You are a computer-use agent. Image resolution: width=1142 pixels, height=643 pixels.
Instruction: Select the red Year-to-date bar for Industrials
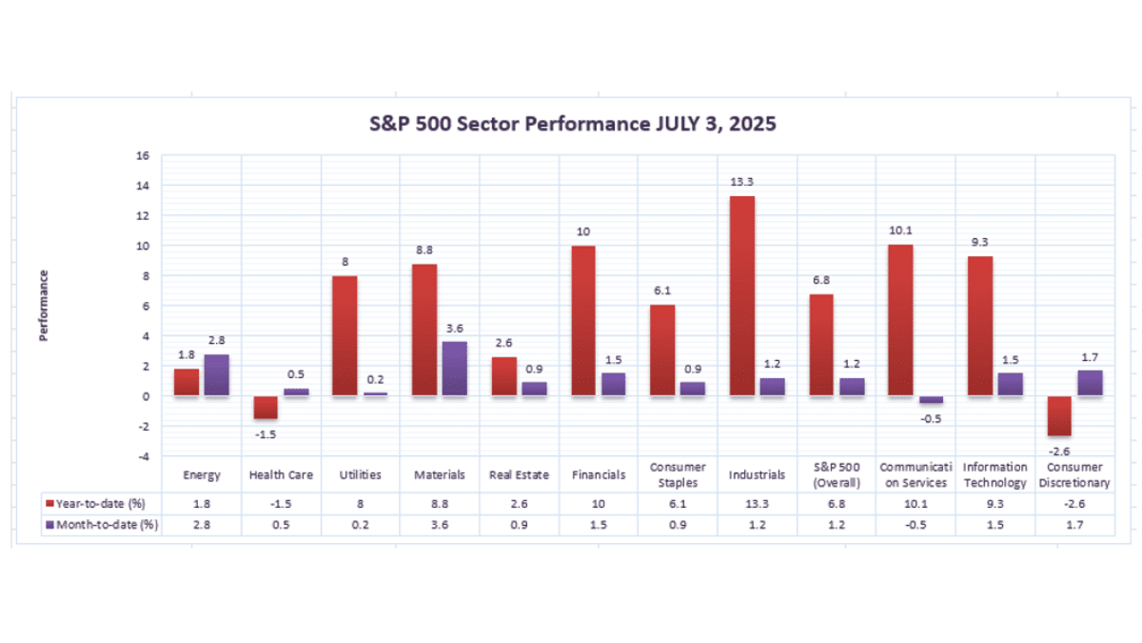click(x=742, y=295)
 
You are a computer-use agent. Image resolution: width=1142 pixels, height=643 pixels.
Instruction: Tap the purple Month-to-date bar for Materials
click(x=455, y=369)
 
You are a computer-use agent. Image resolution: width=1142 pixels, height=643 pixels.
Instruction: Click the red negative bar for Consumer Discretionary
click(x=1059, y=415)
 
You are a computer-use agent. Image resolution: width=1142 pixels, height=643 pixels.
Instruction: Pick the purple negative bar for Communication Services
click(x=931, y=400)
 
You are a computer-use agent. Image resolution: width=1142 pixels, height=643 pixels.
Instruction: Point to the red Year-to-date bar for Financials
click(x=583, y=320)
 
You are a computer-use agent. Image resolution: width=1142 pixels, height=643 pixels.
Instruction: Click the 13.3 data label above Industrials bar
click(x=742, y=182)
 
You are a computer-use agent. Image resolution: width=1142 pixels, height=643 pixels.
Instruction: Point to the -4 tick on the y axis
click(x=144, y=456)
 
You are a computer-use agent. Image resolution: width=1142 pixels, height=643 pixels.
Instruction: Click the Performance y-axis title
click(x=44, y=305)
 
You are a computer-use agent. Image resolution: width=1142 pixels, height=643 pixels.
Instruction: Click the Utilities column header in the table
click(x=361, y=474)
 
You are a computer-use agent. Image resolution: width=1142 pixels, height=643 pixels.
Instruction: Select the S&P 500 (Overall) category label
click(x=837, y=474)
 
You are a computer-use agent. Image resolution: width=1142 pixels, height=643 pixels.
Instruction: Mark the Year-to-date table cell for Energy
click(x=202, y=503)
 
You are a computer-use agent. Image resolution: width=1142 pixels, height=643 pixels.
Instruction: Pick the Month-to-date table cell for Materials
click(x=440, y=525)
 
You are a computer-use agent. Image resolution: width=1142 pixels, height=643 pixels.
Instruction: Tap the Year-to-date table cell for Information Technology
click(x=994, y=503)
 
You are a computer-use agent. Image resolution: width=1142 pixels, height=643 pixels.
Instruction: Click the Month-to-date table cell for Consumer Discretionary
click(x=1073, y=525)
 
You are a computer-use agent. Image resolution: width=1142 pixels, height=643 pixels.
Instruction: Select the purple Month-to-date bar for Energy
click(x=217, y=374)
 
